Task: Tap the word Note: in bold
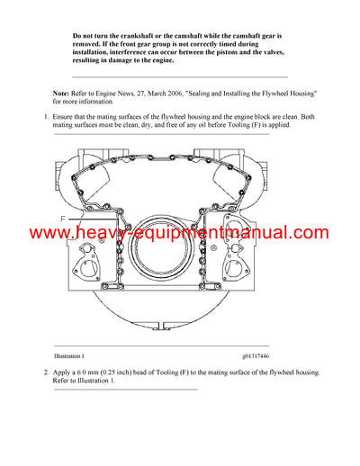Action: [62, 94]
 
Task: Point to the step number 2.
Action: [46, 372]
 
